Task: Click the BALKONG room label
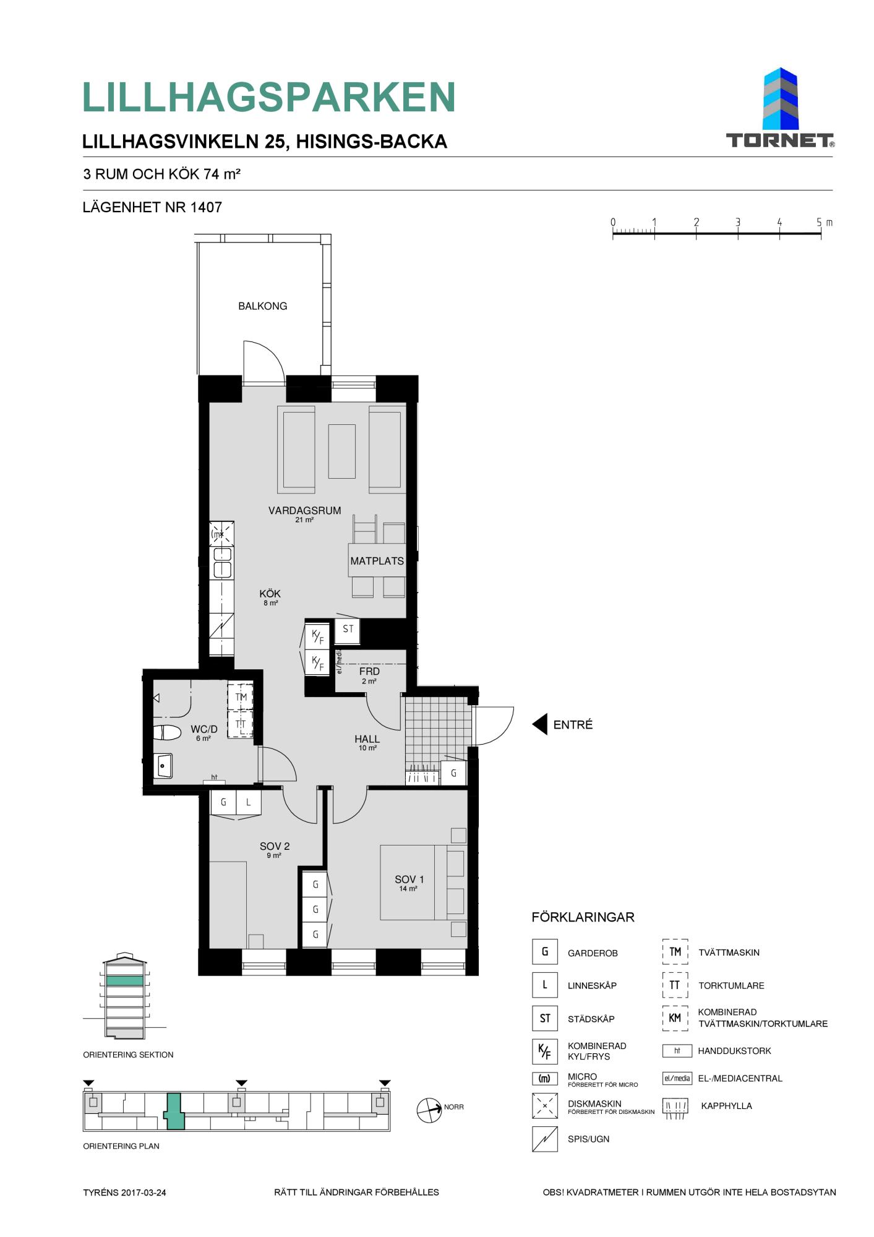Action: (x=262, y=306)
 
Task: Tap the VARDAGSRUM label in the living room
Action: (x=304, y=511)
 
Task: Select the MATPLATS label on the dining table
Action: (x=377, y=561)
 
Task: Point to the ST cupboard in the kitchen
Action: (x=348, y=629)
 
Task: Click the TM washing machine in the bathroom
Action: (x=241, y=697)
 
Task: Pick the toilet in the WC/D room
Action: (x=167, y=732)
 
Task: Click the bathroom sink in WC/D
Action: (x=163, y=766)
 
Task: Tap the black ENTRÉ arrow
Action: (x=540, y=724)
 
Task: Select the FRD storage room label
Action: (x=369, y=671)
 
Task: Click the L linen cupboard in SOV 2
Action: (x=248, y=802)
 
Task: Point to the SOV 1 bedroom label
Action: (x=409, y=879)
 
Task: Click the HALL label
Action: (x=367, y=739)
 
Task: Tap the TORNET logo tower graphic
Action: (x=781, y=99)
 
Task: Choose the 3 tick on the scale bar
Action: (x=738, y=228)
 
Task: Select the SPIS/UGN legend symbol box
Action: (x=544, y=1139)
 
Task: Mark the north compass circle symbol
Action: (x=429, y=1110)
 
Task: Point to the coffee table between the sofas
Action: (x=342, y=451)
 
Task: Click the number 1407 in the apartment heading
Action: (x=206, y=207)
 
